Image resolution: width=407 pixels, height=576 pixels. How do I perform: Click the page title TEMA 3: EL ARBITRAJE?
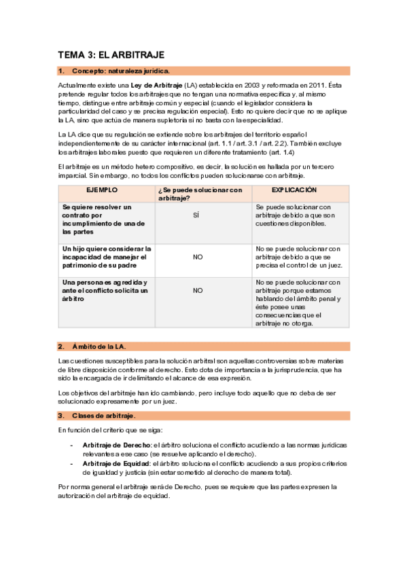[111, 54]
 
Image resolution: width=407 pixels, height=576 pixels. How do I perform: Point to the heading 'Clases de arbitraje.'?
[105, 415]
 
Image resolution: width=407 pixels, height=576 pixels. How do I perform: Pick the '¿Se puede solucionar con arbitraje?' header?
[199, 194]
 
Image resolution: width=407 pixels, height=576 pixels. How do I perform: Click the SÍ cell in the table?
[197, 215]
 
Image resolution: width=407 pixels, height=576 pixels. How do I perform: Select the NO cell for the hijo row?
[198, 257]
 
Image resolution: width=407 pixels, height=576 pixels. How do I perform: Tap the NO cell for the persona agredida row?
[198, 290]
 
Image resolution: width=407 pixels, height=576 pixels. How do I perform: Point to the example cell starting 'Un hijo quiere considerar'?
[107, 257]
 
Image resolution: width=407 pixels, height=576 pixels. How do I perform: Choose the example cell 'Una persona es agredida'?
[105, 290]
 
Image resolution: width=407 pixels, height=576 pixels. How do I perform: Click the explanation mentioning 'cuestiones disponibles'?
[293, 215]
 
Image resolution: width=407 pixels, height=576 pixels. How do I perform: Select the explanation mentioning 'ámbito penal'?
[298, 302]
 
